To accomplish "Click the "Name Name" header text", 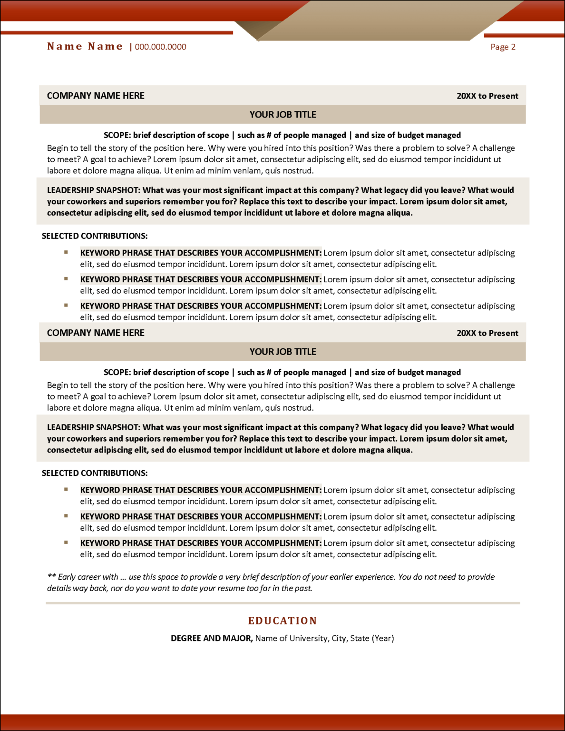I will [x=85, y=47].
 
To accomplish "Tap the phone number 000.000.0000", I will [x=160, y=47].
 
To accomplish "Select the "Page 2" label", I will [x=503, y=47].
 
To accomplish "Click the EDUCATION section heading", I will [x=282, y=621].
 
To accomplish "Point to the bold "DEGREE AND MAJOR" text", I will [x=212, y=638].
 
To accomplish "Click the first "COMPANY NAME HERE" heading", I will [x=96, y=96].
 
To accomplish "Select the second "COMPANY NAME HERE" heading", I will [x=96, y=333].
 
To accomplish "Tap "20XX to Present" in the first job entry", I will [x=487, y=96].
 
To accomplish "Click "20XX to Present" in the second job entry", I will [x=487, y=333].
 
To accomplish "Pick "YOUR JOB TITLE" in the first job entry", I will [x=282, y=115].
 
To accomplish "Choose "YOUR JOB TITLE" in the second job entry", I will [x=282, y=352].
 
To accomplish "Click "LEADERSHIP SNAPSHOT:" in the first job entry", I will [x=94, y=190].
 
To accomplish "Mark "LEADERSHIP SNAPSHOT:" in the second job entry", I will [x=94, y=427].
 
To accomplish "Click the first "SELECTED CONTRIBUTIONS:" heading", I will [x=95, y=236].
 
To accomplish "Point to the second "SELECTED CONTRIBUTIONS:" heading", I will [x=95, y=473].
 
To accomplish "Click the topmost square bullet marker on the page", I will [x=66, y=252].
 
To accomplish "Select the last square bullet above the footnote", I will [x=66, y=543].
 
